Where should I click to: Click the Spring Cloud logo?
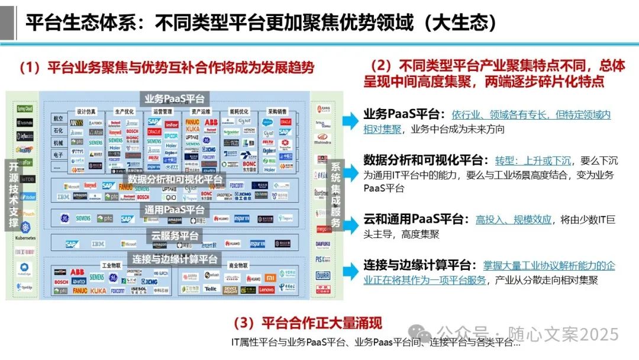[x=24, y=109]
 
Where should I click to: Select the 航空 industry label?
[x=58, y=118]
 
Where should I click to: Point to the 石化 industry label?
[x=58, y=130]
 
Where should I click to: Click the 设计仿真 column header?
[x=86, y=111]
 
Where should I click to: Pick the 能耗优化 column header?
[x=238, y=111]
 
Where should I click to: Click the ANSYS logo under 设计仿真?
[x=77, y=123]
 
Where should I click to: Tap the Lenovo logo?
[x=267, y=290]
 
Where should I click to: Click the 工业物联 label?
[x=111, y=266]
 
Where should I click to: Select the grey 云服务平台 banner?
[x=175, y=236]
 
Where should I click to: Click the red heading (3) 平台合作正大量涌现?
[x=307, y=323]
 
